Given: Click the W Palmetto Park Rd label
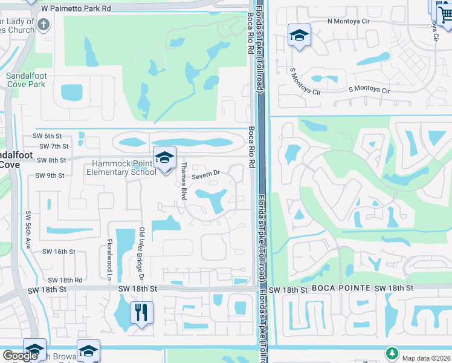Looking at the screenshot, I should (76, 9).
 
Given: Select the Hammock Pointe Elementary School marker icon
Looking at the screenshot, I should (164, 159).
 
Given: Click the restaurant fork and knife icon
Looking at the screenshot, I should (141, 313).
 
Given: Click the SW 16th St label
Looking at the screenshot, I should (59, 251).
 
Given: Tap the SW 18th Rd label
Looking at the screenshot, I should (65, 280).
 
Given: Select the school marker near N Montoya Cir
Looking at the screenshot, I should (299, 36).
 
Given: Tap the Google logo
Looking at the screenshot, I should (20, 356).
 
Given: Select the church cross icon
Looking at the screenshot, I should (42, 25).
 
